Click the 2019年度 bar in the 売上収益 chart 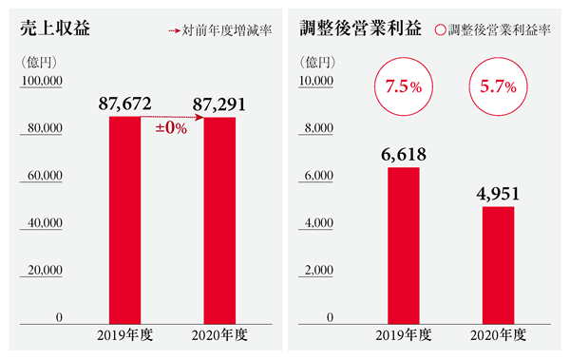pyautogui.click(x=124, y=220)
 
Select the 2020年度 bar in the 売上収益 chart pyautogui.click(x=219, y=220)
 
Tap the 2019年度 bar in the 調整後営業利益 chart pyautogui.click(x=404, y=245)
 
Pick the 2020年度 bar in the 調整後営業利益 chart pyautogui.click(x=498, y=265)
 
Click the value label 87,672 pyautogui.click(x=124, y=104)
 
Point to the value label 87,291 pyautogui.click(x=219, y=104)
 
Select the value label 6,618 pyautogui.click(x=404, y=155)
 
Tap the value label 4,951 pyautogui.click(x=498, y=194)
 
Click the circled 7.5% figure pyautogui.click(x=404, y=86)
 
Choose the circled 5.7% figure pyautogui.click(x=498, y=86)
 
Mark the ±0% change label pyautogui.click(x=171, y=128)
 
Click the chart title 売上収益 pyautogui.click(x=55, y=28)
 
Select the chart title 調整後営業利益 pyautogui.click(x=360, y=28)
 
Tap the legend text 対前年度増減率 pyautogui.click(x=227, y=30)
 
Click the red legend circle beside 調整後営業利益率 pyautogui.click(x=440, y=30)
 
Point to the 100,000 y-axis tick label pyautogui.click(x=42, y=81)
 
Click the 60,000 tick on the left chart pyautogui.click(x=45, y=176)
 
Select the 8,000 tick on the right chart pyautogui.click(x=318, y=128)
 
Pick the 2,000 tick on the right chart pyautogui.click(x=318, y=270)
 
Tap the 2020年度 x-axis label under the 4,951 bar pyautogui.click(x=498, y=335)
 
